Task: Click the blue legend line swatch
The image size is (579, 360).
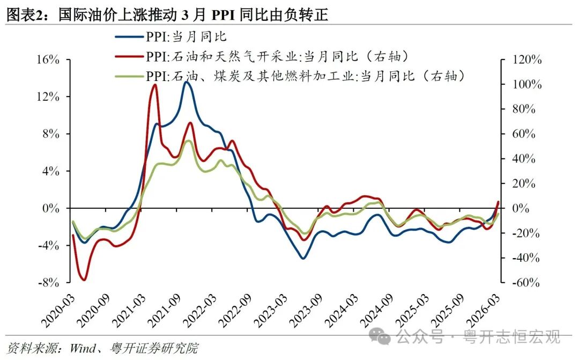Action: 129,38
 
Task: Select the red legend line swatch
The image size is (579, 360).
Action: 129,56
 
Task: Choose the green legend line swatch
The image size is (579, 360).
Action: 129,76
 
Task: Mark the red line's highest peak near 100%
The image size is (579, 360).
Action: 155,85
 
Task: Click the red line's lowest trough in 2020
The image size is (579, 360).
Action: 84,280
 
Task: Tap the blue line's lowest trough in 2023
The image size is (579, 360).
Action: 303,258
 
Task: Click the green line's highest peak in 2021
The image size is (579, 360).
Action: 187,141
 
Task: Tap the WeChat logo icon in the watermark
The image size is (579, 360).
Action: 383,337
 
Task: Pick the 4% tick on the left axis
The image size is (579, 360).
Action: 48,171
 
